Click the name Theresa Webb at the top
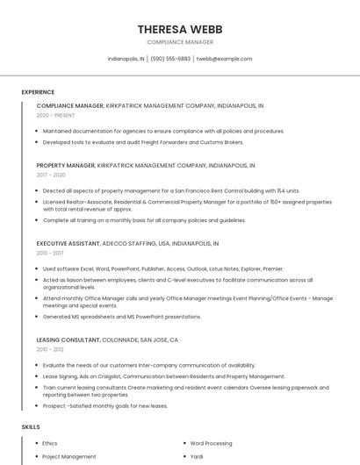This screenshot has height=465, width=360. click(179, 29)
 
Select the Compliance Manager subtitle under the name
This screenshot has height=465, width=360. click(179, 42)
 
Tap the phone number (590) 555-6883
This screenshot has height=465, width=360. click(170, 59)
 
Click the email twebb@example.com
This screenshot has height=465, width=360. click(225, 59)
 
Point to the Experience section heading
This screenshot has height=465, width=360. click(38, 92)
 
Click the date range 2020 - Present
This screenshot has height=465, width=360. click(55, 115)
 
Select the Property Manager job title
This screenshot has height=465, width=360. click(66, 165)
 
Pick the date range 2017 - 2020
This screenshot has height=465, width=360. click(52, 175)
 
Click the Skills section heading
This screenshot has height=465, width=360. click(31, 426)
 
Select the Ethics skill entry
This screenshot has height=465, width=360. click(50, 443)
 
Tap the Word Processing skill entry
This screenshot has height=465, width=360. click(211, 443)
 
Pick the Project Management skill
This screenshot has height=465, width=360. click(69, 456)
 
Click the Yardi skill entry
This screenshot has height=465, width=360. click(198, 456)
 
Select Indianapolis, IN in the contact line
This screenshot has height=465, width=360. click(126, 59)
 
